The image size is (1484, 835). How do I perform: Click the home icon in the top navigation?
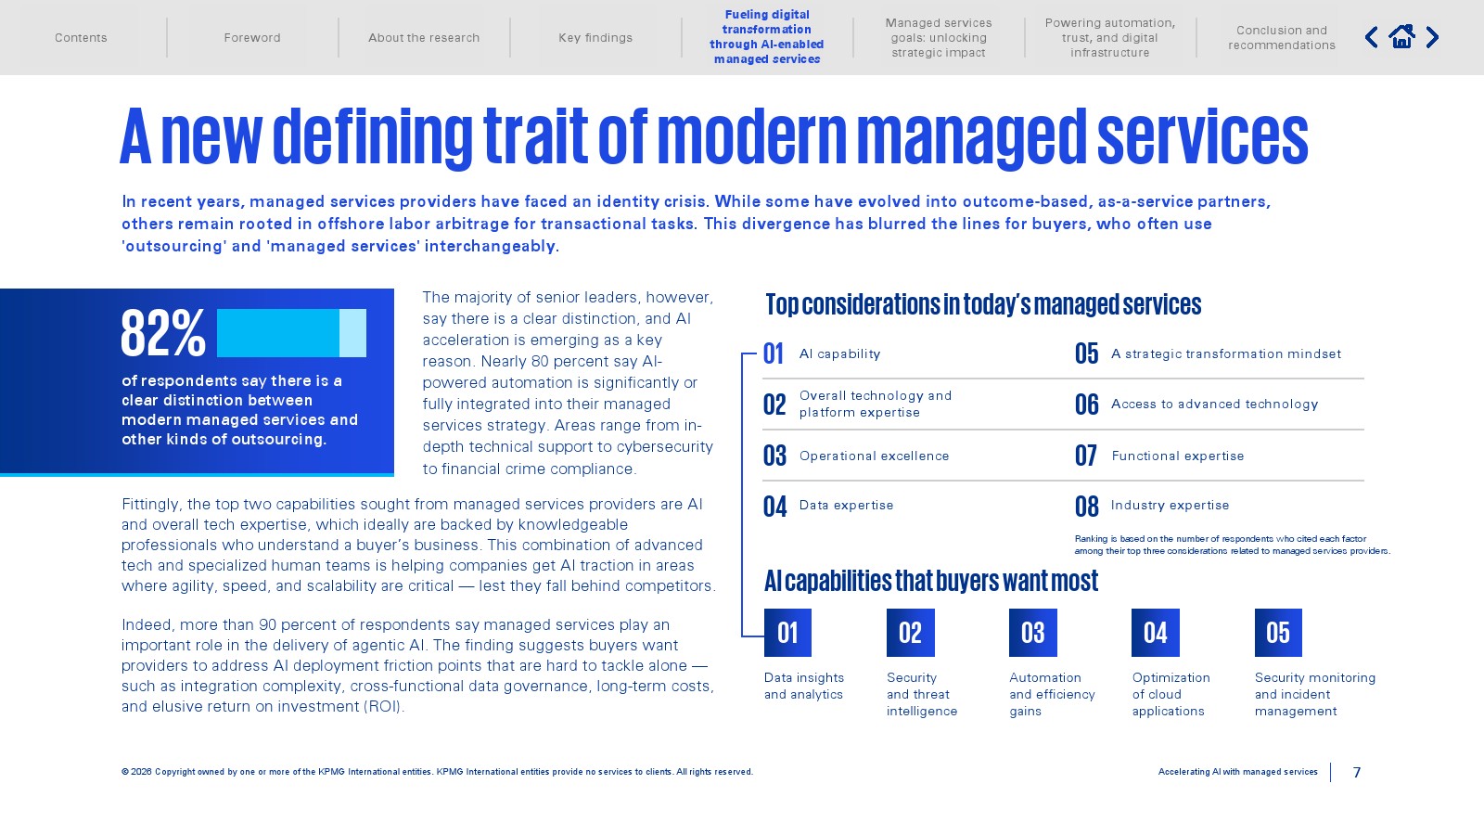tap(1401, 36)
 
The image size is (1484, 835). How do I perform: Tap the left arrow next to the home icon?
tap(1372, 37)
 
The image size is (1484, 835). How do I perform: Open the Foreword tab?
tap(251, 38)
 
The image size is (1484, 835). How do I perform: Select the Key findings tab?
tap(595, 38)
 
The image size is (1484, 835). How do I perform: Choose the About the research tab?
tap(424, 38)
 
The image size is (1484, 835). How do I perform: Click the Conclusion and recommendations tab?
tap(1281, 38)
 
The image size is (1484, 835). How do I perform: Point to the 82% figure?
tap(163, 333)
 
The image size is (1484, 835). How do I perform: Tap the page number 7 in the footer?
tap(1357, 772)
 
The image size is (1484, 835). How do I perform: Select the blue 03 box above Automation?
tap(1033, 633)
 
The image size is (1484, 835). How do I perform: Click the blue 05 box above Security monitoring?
tap(1278, 633)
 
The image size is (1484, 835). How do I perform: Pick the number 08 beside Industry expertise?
tap(1086, 507)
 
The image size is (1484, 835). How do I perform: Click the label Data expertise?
tap(846, 505)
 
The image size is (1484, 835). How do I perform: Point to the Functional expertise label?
tap(1177, 456)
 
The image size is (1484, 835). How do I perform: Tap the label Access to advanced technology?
tap(1214, 405)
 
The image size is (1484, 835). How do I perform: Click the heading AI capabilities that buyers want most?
tap(931, 581)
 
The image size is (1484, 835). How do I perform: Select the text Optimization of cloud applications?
tap(1171, 694)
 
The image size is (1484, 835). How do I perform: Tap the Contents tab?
tap(81, 38)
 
